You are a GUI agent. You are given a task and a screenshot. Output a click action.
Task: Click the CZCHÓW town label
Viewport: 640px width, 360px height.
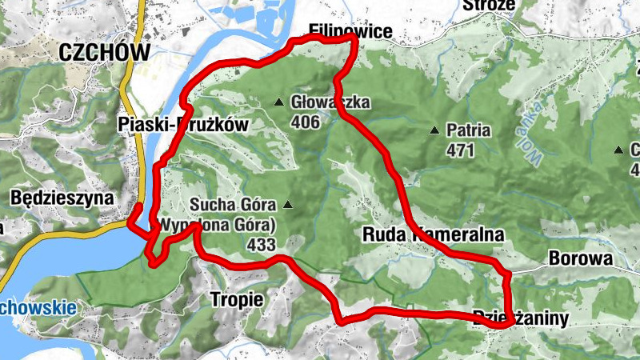[104, 53]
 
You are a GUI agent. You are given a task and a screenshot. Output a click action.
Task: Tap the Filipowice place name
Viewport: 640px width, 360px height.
[351, 31]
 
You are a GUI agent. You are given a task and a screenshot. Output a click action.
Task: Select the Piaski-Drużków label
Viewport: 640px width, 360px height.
[183, 124]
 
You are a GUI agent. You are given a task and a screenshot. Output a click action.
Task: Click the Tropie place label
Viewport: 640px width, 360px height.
[236, 299]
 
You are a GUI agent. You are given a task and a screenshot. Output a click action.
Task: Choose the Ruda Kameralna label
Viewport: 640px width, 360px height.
[434, 235]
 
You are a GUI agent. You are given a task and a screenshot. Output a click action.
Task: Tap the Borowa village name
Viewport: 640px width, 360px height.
[580, 258]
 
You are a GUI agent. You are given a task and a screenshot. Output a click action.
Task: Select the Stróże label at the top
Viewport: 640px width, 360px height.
[489, 6]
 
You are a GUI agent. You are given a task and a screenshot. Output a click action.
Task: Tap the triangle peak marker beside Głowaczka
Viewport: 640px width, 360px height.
[279, 102]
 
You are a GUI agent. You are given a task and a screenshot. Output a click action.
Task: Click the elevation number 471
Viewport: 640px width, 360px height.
[461, 150]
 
